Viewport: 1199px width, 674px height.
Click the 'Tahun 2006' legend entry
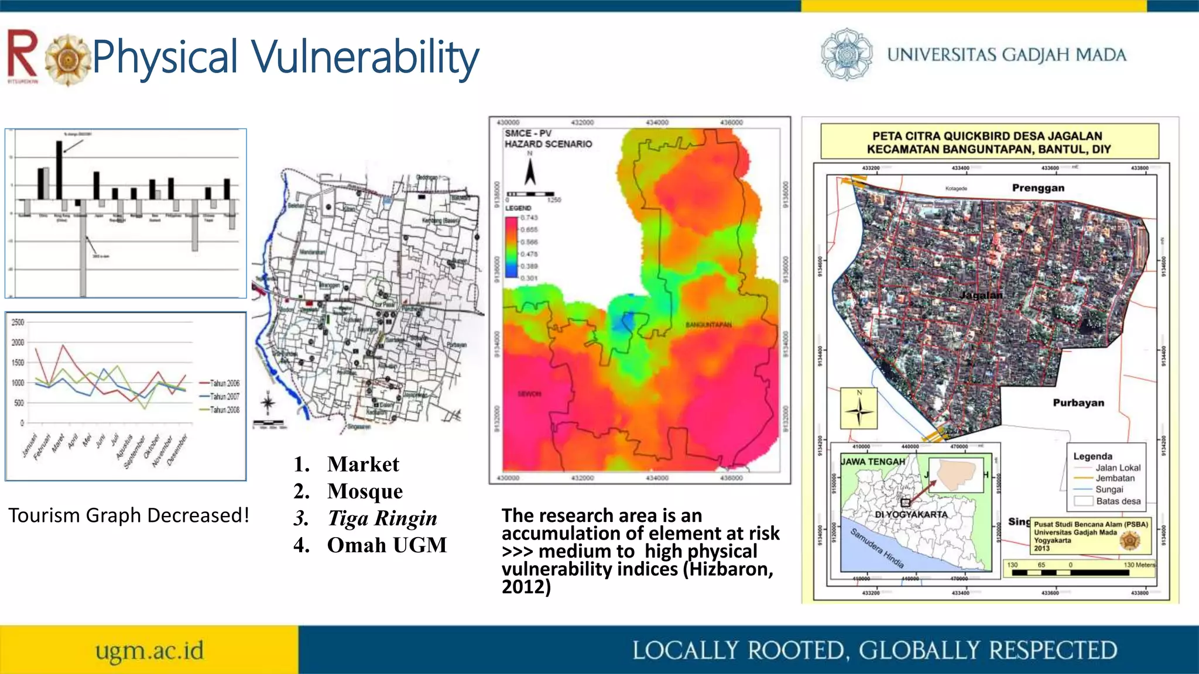225,383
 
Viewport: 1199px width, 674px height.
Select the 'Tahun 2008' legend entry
225,410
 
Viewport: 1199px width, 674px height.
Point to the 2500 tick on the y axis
18,322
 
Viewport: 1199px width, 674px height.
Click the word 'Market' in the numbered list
363,464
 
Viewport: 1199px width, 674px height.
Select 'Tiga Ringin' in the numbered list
382,518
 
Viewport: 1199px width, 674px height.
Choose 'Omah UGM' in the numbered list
386,545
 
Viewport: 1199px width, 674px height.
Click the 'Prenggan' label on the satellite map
1038,188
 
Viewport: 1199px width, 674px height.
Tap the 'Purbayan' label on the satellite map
1078,403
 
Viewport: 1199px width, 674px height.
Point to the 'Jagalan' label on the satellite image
981,295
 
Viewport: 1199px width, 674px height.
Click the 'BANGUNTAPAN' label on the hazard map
708,324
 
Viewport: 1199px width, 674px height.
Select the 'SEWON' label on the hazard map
529,394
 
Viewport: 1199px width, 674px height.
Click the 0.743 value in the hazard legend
529,218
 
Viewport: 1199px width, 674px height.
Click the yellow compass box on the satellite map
859,408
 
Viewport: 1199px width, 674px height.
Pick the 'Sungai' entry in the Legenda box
1109,489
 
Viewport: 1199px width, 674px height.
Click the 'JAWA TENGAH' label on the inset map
873,462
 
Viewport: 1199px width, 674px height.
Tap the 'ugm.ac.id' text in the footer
150,651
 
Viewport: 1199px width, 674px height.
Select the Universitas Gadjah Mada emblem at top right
846,54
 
